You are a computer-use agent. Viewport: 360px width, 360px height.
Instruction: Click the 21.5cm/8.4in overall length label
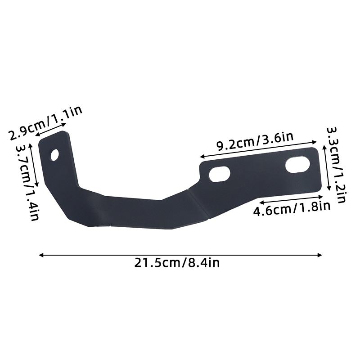click(x=177, y=263)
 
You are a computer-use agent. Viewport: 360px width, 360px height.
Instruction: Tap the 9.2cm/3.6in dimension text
click(x=255, y=142)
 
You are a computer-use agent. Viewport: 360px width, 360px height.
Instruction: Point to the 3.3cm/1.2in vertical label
click(x=336, y=165)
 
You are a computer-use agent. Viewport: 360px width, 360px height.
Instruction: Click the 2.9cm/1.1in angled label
click(x=45, y=123)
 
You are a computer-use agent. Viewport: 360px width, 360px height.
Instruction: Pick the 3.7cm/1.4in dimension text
click(x=27, y=183)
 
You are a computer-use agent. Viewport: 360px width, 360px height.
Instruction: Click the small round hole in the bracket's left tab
click(x=54, y=155)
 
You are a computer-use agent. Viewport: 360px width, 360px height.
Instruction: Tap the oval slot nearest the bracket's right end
click(x=297, y=164)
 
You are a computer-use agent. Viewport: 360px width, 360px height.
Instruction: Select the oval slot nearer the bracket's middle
click(x=220, y=174)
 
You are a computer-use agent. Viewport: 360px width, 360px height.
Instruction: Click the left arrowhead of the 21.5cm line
click(x=41, y=255)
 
